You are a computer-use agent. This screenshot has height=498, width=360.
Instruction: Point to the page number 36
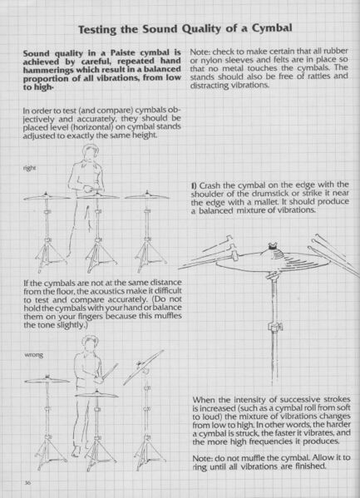[29, 482]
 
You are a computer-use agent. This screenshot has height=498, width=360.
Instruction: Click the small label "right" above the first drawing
[32, 169]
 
